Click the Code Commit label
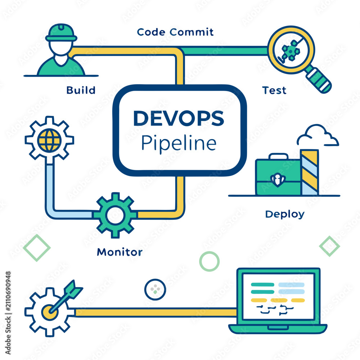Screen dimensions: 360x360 [175, 32]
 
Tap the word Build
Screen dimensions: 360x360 [81, 90]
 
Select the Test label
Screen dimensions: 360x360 [274, 90]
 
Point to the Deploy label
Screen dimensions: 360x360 [285, 215]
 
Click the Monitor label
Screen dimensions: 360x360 [120, 252]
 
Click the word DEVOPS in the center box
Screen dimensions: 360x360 [179, 118]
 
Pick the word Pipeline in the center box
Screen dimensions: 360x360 [179, 143]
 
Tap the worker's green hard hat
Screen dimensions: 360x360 [61, 33]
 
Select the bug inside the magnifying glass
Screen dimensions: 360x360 [290, 51]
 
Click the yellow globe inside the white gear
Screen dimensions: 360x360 [49, 140]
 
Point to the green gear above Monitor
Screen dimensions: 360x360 [115, 215]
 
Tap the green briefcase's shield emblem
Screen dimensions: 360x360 [278, 179]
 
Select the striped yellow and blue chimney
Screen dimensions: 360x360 [309, 172]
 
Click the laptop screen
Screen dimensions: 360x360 [279, 296]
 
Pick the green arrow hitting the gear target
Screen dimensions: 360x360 [66, 296]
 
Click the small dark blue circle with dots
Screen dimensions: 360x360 [155, 289]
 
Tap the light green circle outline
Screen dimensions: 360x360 [209, 261]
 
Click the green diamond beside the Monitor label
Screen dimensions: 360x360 [37, 248]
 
